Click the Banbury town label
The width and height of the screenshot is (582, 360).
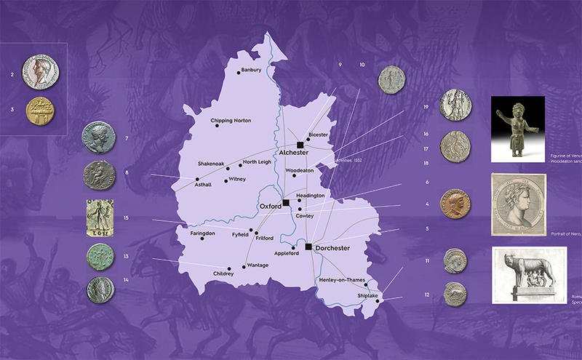coord(250,71)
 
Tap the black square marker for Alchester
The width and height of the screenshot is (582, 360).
coord(300,145)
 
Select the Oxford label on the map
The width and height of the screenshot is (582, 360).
coord(270,206)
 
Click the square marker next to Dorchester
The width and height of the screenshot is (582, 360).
coord(308,247)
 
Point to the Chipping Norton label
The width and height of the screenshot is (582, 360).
coord(231,120)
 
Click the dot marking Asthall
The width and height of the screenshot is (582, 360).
coord(197,179)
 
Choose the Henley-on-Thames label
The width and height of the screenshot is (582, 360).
coord(341,279)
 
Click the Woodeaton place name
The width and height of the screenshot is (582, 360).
coord(299,171)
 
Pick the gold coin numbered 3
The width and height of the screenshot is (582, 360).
coord(41,110)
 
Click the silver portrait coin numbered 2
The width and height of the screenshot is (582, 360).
coord(41,73)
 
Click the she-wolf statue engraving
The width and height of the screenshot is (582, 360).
coord(529,276)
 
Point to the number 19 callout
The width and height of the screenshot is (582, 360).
coord(426,108)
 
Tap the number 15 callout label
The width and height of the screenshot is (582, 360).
coord(126,218)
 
